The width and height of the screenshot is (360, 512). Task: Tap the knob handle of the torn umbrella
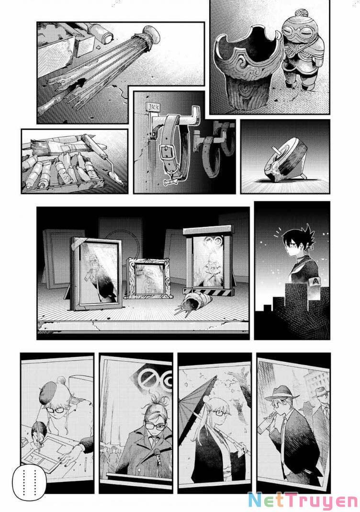tap(152, 34)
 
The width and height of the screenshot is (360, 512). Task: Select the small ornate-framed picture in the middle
tap(149, 277)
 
